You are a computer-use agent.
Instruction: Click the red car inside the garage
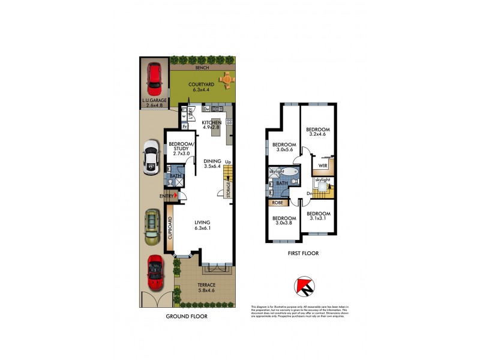[154, 77]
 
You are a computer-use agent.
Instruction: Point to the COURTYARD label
[198, 85]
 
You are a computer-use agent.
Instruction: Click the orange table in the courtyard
[226, 78]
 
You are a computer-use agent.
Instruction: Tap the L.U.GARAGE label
[154, 101]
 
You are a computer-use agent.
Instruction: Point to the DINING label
[212, 161]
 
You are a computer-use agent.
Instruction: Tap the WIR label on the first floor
[323, 165]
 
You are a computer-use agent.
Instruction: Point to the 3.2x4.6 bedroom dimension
[318, 134]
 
